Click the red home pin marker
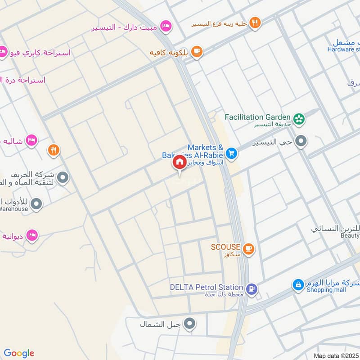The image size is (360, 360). coord(179,162)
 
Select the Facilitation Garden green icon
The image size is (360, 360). coord(298,119)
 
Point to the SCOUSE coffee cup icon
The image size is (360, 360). coord(248,248)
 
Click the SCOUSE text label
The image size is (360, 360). coord(225,247)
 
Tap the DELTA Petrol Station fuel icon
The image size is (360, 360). coord(252,288)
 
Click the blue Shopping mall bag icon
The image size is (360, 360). coord(297,284)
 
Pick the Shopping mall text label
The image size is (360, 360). coord(326,290)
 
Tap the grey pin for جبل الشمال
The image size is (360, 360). coord(190,323)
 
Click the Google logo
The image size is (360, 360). coord(19,353)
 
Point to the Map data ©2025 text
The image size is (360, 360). coord(335,355)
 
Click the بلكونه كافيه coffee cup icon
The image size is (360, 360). coord(196,52)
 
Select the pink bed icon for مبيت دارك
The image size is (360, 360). coord(166,26)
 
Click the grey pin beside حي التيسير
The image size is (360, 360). coord(301,142)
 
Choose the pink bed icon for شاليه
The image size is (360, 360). coord(31,140)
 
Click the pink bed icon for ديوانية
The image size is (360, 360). coord(31,235)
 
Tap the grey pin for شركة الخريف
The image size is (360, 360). coord(63,178)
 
